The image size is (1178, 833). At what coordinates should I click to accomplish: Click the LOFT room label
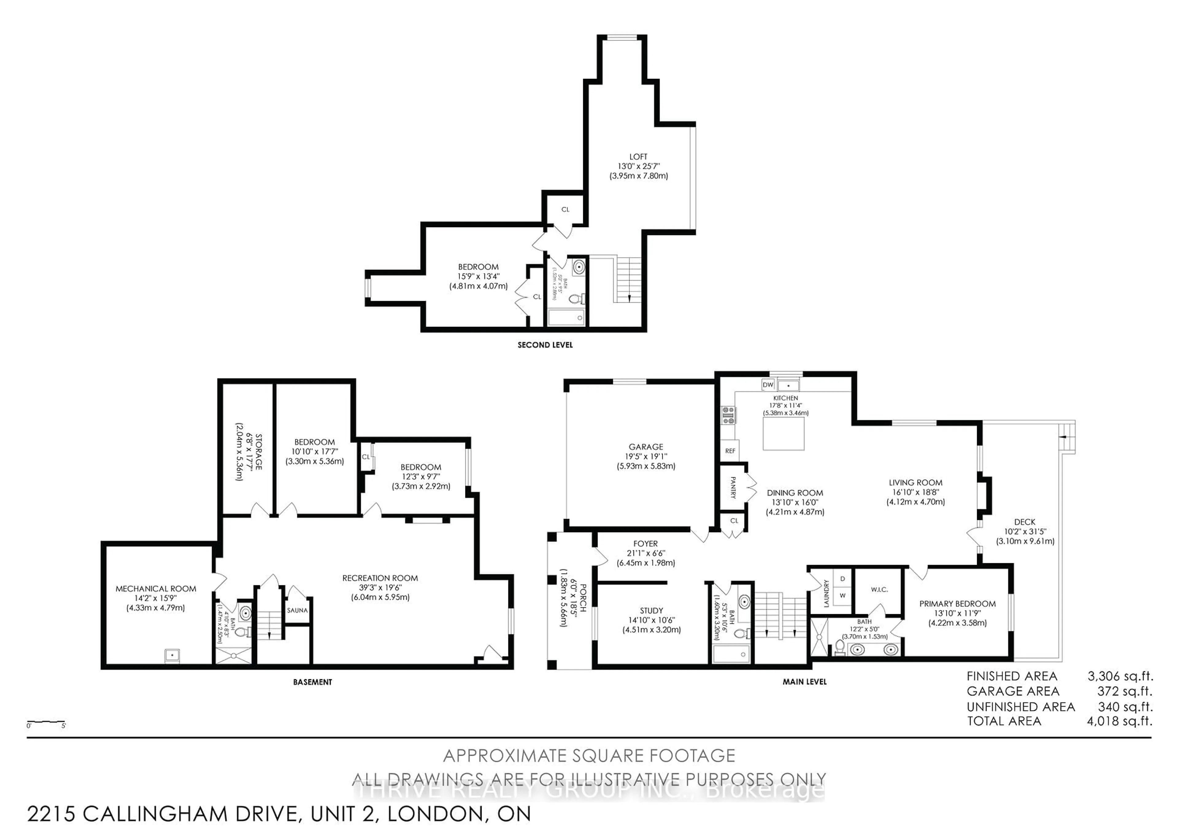pyautogui.click(x=638, y=157)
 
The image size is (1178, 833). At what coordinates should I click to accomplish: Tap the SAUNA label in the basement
pyautogui.click(x=297, y=610)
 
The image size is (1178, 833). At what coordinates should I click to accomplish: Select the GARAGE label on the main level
pyautogui.click(x=646, y=447)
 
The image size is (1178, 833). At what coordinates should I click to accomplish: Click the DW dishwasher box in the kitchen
pyautogui.click(x=768, y=384)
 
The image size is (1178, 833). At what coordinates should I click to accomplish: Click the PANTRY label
pyautogui.click(x=733, y=488)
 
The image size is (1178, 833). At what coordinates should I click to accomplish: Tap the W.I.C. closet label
pyautogui.click(x=879, y=589)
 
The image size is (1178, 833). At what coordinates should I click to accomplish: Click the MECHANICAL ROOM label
pyautogui.click(x=156, y=589)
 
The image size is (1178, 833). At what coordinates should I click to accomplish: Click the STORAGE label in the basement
pyautogui.click(x=258, y=452)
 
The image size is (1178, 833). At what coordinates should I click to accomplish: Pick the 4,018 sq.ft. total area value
pyautogui.click(x=1119, y=721)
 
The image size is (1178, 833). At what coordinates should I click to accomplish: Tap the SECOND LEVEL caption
pyautogui.click(x=545, y=345)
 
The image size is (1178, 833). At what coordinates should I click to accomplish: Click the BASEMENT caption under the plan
pyautogui.click(x=313, y=682)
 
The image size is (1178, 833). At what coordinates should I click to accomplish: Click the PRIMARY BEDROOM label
pyautogui.click(x=957, y=604)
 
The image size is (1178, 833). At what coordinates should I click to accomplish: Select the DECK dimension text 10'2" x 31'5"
pyautogui.click(x=1025, y=531)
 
